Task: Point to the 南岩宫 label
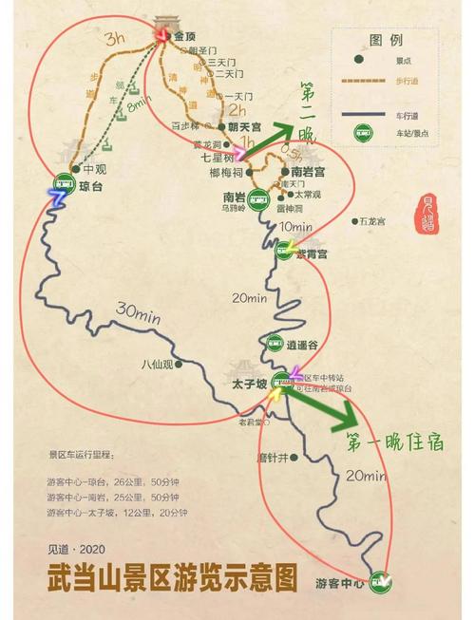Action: (309, 172)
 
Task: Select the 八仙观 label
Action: (157, 363)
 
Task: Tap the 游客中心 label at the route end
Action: (340, 581)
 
